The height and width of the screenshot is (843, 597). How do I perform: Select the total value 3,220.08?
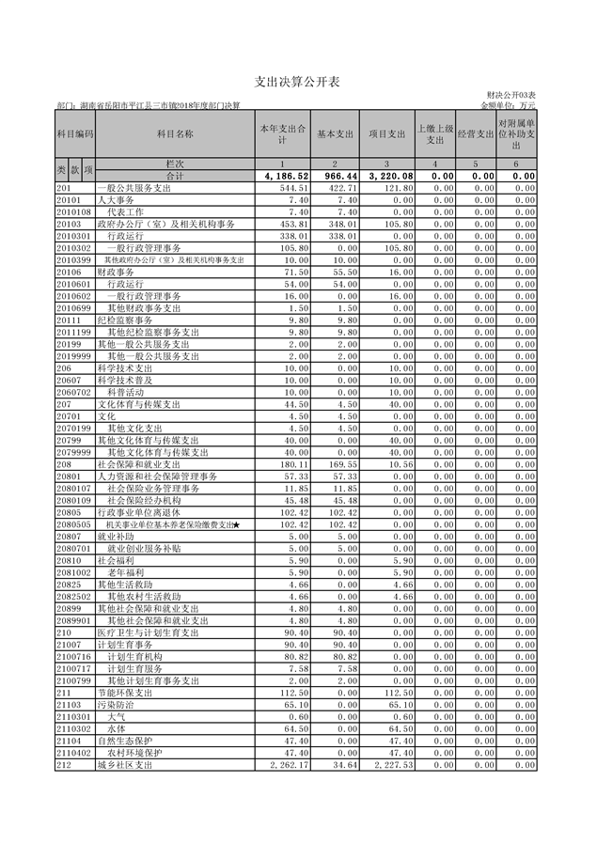tap(387, 176)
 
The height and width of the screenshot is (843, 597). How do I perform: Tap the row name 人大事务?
tap(118, 200)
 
